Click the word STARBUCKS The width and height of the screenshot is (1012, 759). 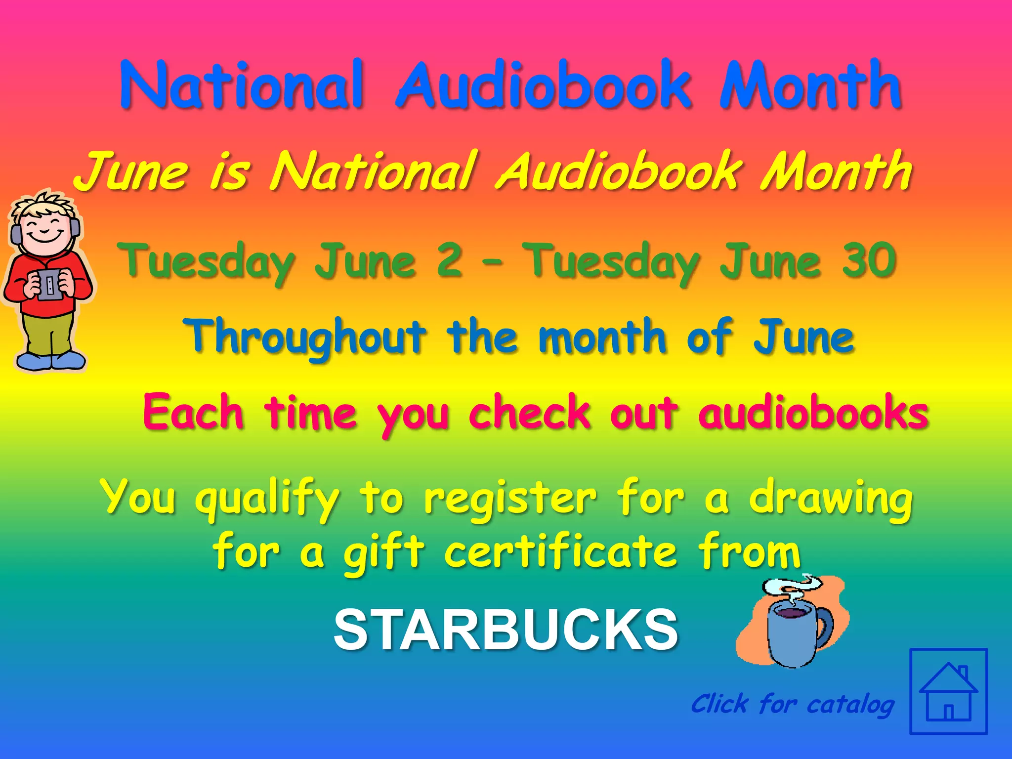506,630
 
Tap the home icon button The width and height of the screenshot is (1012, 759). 948,691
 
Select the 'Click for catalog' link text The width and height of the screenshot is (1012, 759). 792,704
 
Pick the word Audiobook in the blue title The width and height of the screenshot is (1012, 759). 544,85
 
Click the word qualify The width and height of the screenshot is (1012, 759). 267,498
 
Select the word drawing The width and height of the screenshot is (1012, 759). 831,498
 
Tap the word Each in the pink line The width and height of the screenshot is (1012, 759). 193,412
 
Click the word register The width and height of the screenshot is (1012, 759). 510,498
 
